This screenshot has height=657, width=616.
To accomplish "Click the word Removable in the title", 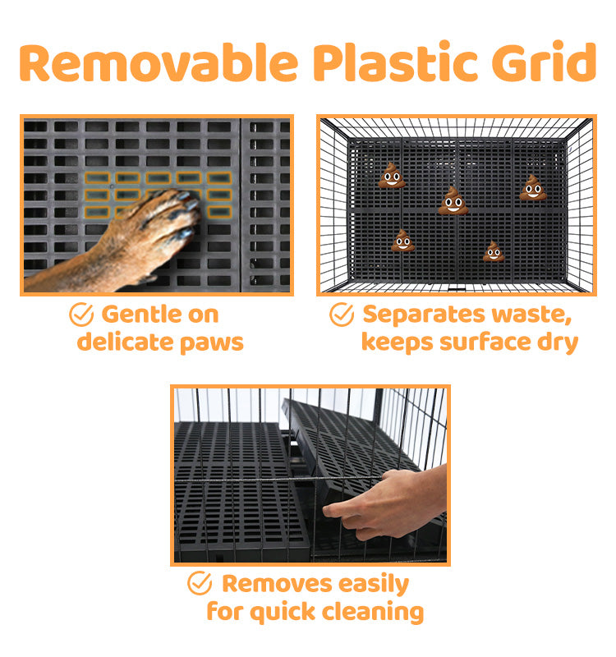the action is point(159,62).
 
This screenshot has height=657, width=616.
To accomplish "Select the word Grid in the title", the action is point(544,61).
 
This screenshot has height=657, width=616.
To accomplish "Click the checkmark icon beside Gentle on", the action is point(81,315).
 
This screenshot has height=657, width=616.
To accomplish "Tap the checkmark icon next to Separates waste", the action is point(342,315).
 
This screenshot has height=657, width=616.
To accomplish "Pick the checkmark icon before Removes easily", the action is point(200,583).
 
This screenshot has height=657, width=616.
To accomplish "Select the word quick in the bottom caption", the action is point(283,612).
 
